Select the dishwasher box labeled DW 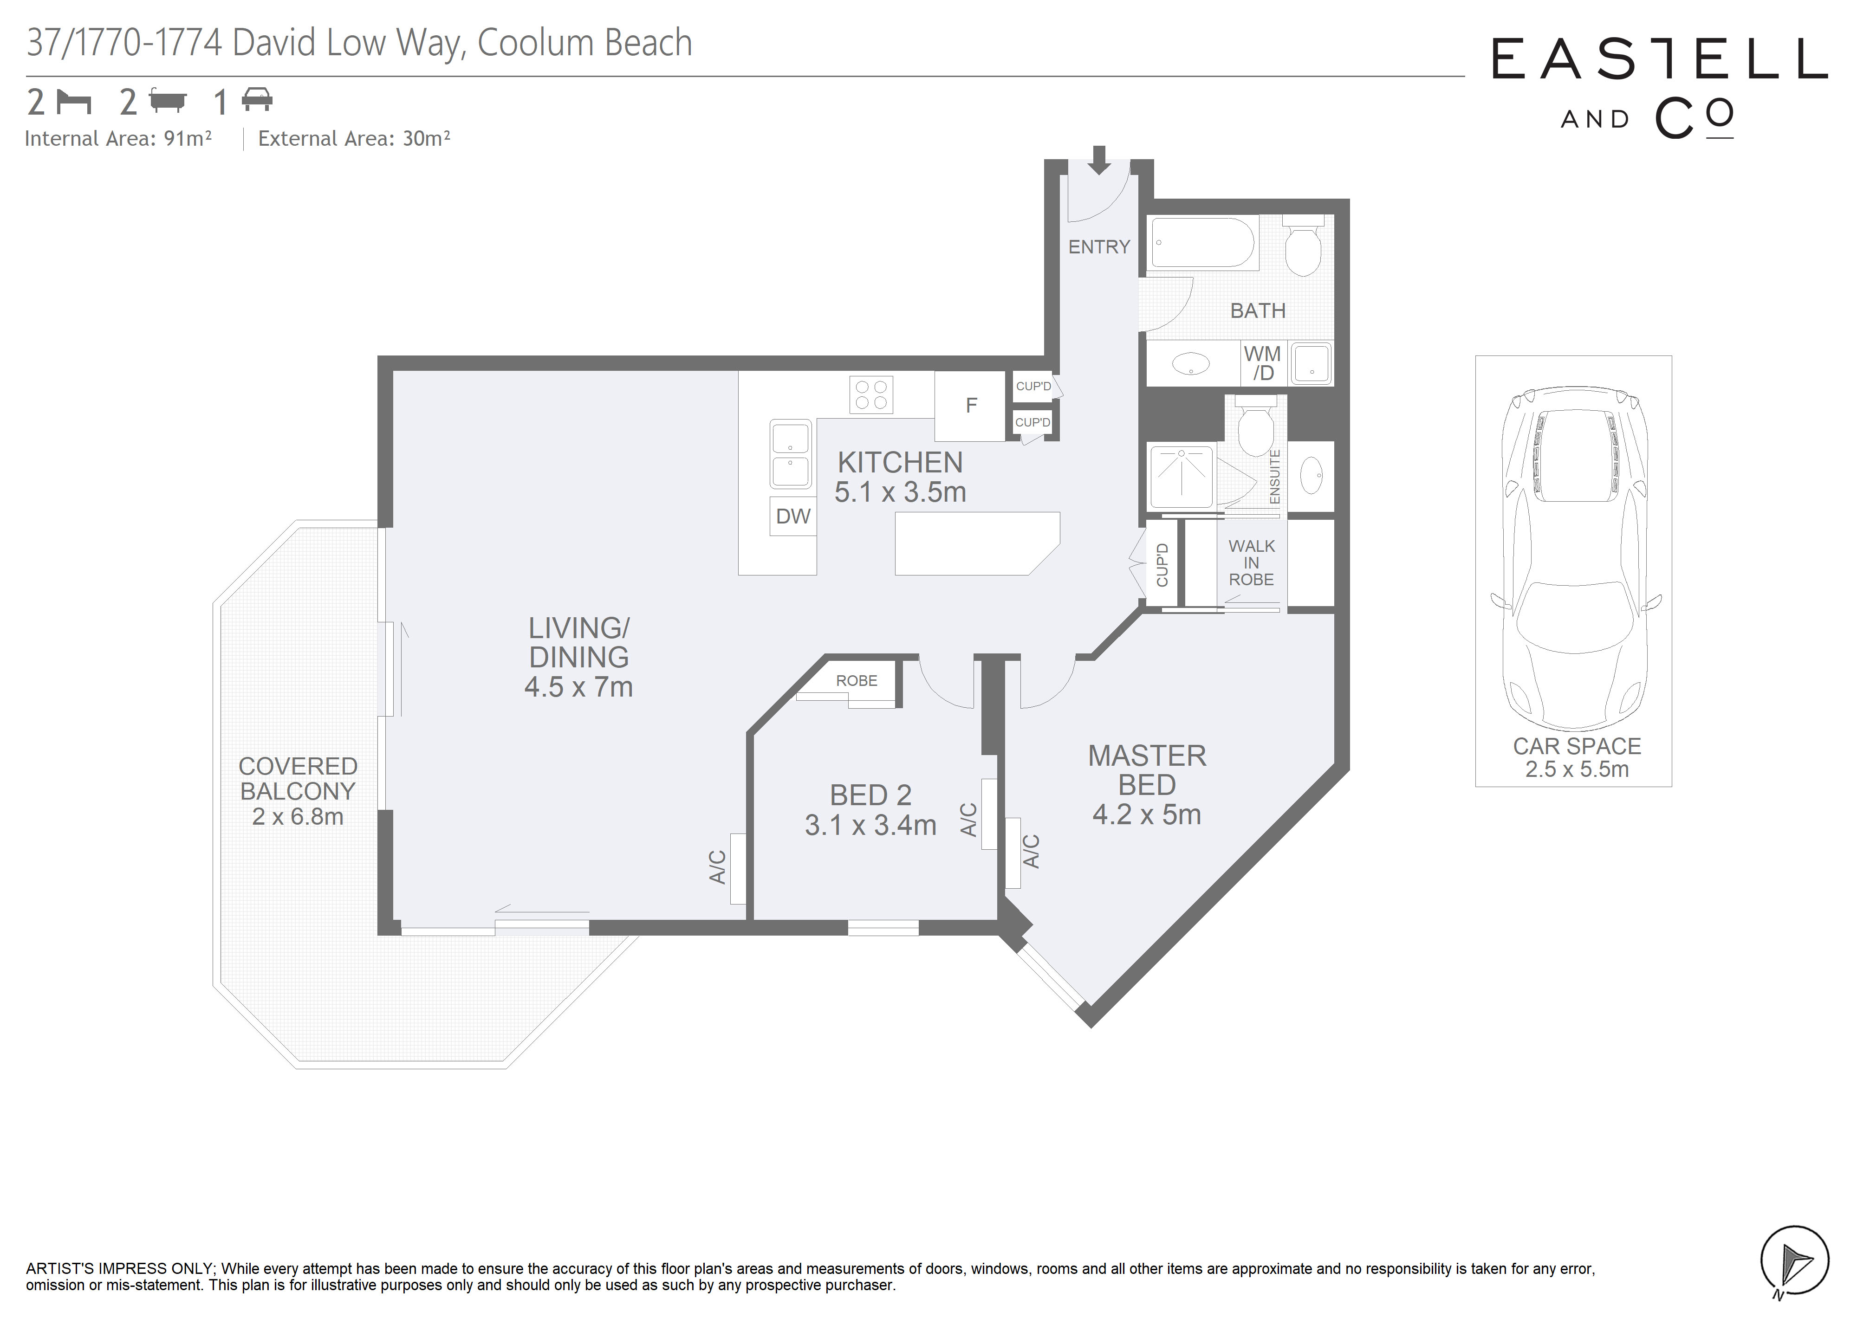coord(793,516)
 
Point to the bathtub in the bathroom coord(1203,242)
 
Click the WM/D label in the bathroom coord(1262,363)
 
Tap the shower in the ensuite coord(1182,477)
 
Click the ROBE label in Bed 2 coord(856,681)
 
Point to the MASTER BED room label coord(1147,770)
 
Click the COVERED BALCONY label coord(298,778)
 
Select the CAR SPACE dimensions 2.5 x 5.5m coord(1577,769)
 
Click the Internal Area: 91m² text coord(118,139)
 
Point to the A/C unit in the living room coord(738,868)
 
